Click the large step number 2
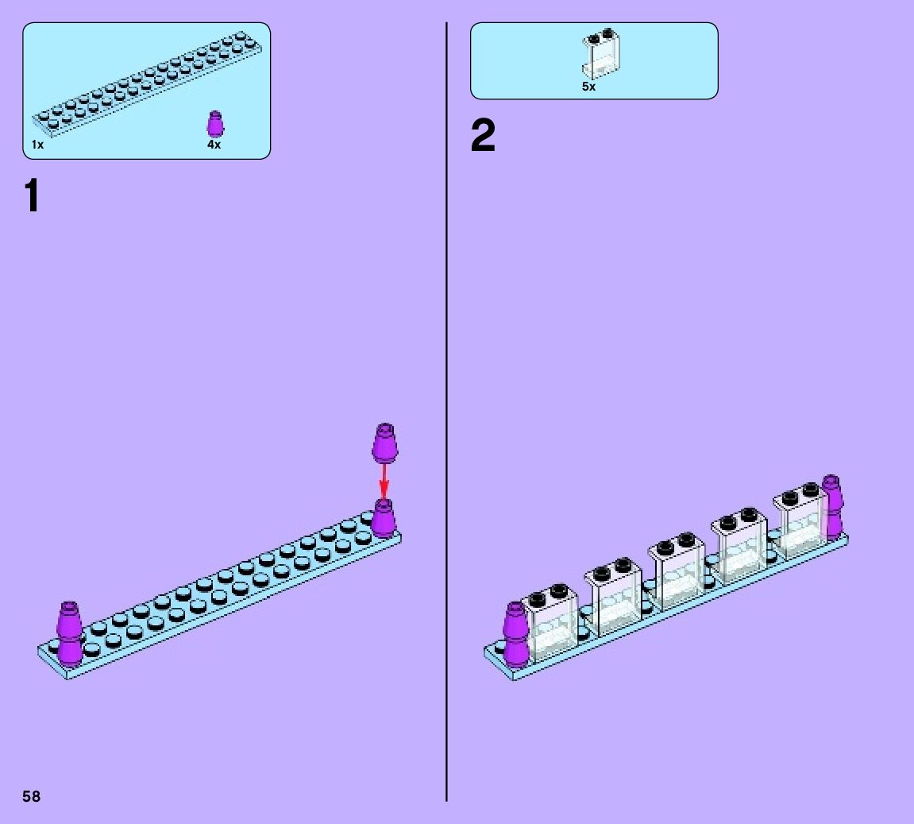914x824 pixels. pyautogui.click(x=483, y=137)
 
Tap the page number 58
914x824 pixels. pyautogui.click(x=32, y=796)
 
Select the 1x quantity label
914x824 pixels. pyautogui.click(x=38, y=145)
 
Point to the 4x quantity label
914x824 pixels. pyautogui.click(x=214, y=145)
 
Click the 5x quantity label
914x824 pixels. pyautogui.click(x=588, y=87)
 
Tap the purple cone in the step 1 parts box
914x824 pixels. pyautogui.click(x=214, y=124)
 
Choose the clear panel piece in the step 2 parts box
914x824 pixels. pyautogui.click(x=601, y=52)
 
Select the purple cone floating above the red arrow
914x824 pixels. pyautogui.click(x=385, y=442)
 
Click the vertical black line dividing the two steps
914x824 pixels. pyautogui.click(x=446, y=413)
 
